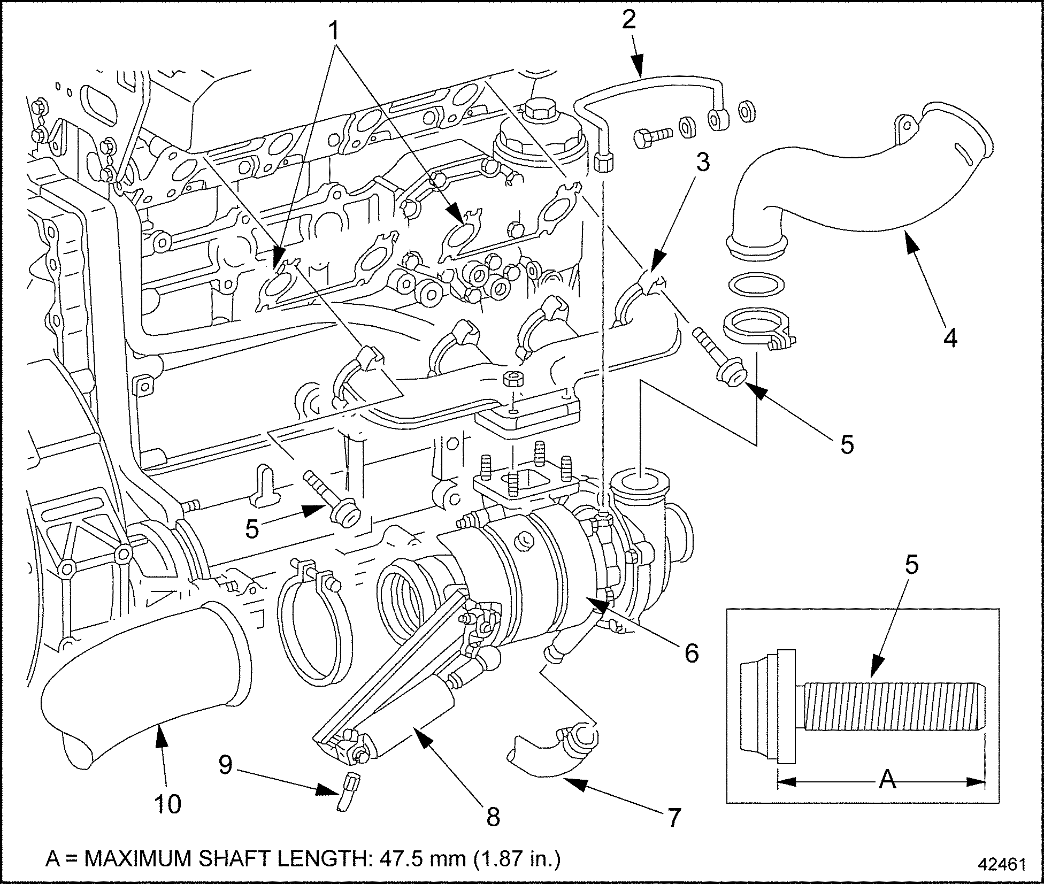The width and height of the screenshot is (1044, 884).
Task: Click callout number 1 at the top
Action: tap(334, 31)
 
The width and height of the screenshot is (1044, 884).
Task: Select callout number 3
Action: tap(702, 162)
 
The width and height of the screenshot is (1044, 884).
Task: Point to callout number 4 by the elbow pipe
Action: tap(949, 338)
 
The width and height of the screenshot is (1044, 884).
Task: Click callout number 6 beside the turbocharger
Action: tap(691, 652)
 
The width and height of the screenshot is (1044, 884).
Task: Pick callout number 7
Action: tap(673, 817)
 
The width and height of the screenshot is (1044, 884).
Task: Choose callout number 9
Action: tap(225, 765)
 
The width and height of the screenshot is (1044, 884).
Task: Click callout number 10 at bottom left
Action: tap(168, 803)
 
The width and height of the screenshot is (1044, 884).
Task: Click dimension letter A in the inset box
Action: tap(887, 780)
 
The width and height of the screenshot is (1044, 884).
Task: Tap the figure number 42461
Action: tap(999, 864)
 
